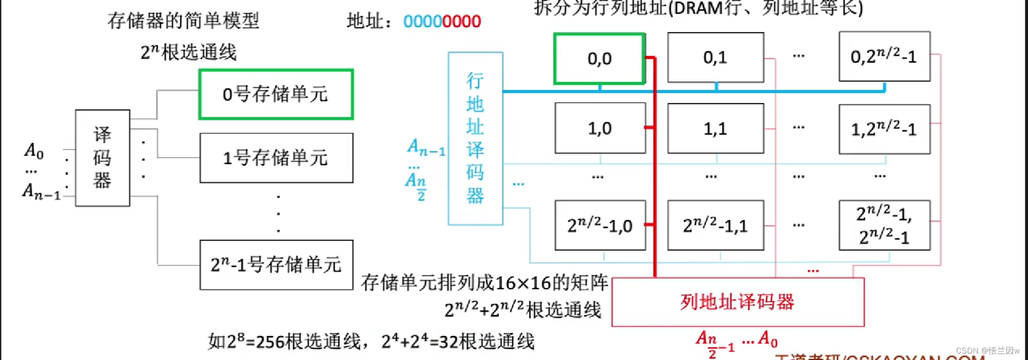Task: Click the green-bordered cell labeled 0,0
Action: (x=599, y=58)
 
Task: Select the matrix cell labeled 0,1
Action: (x=715, y=57)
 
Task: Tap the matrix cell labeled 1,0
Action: (x=600, y=128)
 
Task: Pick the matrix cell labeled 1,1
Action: (x=715, y=129)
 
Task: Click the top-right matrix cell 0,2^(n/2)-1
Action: (x=884, y=56)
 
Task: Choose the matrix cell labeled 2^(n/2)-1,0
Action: (x=600, y=225)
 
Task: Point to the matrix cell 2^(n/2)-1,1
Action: (x=715, y=225)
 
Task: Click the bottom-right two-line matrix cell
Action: (x=884, y=225)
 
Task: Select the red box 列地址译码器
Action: (x=737, y=302)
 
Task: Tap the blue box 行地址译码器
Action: (x=475, y=138)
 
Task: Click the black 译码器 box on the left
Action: (x=102, y=158)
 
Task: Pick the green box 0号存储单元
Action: (x=276, y=94)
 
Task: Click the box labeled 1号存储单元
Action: (x=276, y=158)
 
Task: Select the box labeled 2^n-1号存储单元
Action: (x=276, y=265)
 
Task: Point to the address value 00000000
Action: (x=442, y=21)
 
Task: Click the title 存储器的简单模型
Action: (x=183, y=21)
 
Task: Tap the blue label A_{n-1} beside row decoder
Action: (x=426, y=147)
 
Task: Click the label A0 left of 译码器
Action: (x=34, y=151)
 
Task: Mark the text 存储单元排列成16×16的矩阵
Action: (x=484, y=282)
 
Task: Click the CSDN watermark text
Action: (x=987, y=350)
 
